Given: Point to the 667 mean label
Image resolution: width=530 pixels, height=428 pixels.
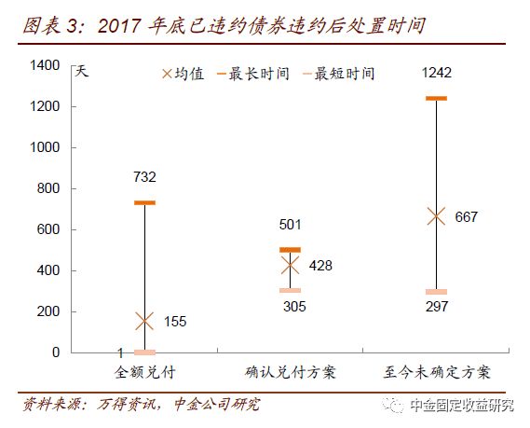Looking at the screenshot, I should [x=466, y=217].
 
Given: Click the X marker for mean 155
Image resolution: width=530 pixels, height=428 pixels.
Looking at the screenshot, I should [x=144, y=321].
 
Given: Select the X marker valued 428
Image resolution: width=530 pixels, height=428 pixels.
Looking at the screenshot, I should [x=290, y=265].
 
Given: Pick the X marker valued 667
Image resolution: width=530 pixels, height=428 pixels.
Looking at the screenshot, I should [x=435, y=216].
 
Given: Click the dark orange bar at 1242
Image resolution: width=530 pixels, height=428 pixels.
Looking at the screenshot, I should [x=435, y=98].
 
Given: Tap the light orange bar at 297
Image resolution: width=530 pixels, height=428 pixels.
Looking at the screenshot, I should [x=435, y=292].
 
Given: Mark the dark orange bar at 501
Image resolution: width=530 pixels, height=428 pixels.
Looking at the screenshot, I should [x=290, y=250].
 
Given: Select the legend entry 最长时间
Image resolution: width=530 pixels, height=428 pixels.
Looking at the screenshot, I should [x=253, y=73].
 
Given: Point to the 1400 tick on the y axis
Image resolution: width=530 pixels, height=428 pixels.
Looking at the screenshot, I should [x=45, y=65].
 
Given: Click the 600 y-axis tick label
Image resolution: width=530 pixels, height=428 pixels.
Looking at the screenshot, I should [x=48, y=229].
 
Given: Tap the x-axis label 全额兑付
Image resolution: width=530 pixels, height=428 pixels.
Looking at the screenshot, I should [x=144, y=373].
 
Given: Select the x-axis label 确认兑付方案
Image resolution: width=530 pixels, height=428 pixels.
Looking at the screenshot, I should [x=290, y=373].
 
